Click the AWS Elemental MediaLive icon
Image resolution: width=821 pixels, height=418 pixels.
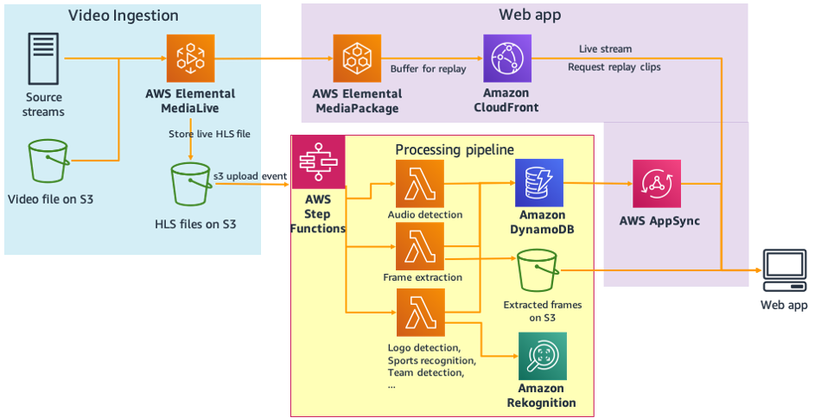click(x=190, y=58)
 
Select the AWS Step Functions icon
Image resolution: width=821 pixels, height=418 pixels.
click(x=318, y=162)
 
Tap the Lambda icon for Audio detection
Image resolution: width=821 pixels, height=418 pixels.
click(x=420, y=183)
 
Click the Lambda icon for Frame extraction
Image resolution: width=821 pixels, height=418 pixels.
click(x=420, y=246)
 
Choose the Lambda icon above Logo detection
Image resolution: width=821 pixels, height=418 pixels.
click(x=420, y=313)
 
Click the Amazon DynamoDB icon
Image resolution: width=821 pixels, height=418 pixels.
click(x=538, y=183)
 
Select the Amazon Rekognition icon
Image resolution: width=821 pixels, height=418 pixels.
click(x=542, y=357)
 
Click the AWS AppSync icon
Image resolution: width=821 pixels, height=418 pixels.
click(x=658, y=184)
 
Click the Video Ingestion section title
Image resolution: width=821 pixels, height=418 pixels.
click(x=123, y=16)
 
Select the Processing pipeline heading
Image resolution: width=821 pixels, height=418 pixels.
click(x=454, y=149)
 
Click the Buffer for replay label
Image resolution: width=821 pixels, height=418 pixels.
click(x=428, y=68)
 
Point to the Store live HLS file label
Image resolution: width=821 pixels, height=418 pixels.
click(x=208, y=134)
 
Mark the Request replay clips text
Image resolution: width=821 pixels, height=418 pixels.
click(x=614, y=67)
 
